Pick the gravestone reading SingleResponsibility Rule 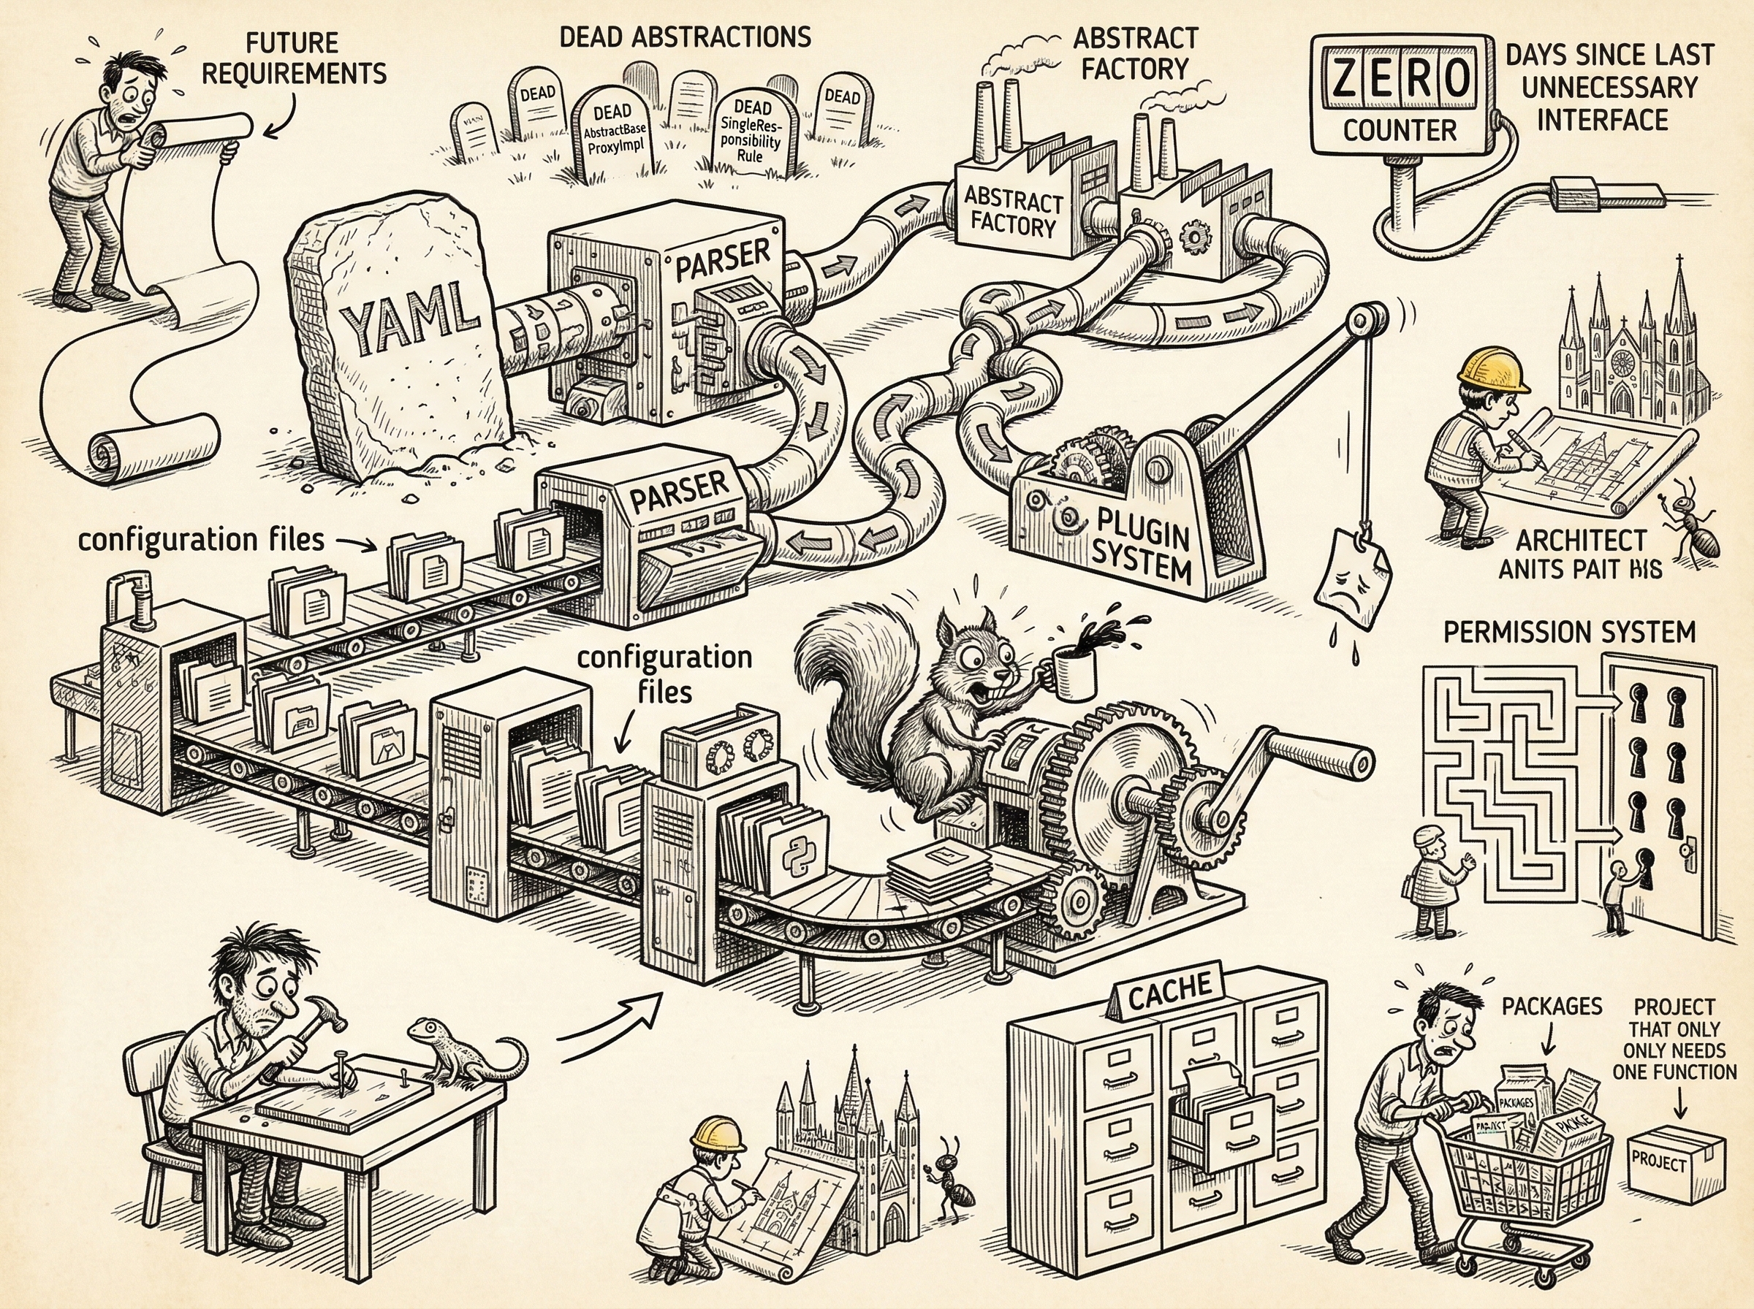[750, 131]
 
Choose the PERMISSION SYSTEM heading [1568, 632]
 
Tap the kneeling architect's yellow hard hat [717, 1132]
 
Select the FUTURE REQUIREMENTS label [293, 58]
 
